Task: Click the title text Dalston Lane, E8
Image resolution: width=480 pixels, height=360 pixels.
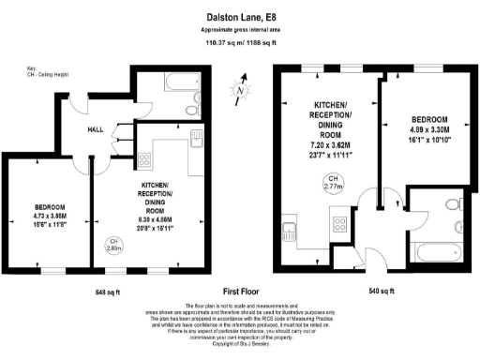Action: click(x=239, y=16)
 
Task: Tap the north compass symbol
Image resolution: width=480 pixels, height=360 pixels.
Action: click(x=240, y=92)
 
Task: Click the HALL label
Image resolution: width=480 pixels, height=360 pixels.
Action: click(x=96, y=130)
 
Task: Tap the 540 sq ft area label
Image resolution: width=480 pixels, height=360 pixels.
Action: click(x=382, y=292)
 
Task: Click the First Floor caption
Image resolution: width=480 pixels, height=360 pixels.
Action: click(x=239, y=292)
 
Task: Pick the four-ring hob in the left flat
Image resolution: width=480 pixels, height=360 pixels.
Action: click(x=145, y=160)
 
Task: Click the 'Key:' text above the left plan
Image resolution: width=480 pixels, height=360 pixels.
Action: click(x=32, y=68)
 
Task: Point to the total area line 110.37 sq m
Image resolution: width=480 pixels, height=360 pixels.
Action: click(x=239, y=43)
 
